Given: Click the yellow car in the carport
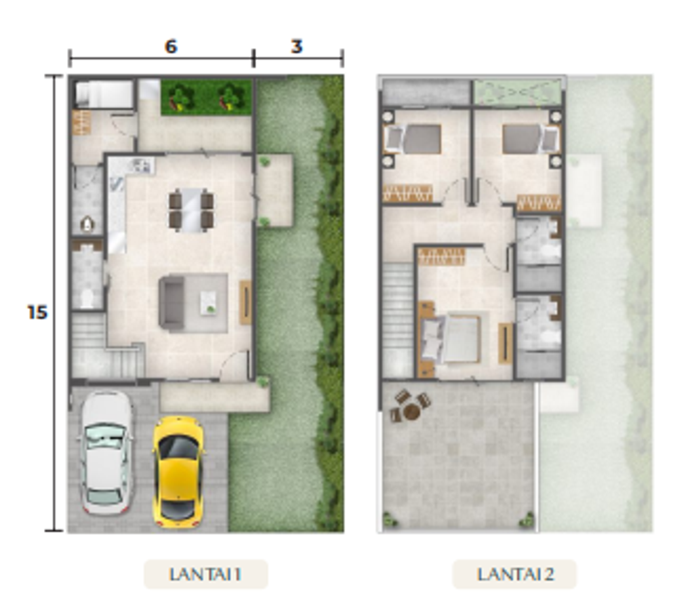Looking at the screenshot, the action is [x=178, y=472].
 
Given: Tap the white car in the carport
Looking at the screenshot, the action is [x=106, y=453].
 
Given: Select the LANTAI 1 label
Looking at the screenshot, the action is [x=205, y=574].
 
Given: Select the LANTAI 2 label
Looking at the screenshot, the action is [x=515, y=574].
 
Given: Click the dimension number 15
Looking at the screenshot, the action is [x=37, y=312].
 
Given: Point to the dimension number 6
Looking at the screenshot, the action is [x=171, y=46].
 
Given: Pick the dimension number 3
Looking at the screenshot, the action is [x=297, y=46].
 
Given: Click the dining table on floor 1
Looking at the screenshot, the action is [x=191, y=210].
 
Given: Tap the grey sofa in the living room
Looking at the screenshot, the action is [x=172, y=303].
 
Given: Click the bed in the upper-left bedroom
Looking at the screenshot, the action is [x=413, y=139].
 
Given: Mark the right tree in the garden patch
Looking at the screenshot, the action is [x=230, y=99].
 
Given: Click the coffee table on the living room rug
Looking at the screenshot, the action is [x=208, y=303].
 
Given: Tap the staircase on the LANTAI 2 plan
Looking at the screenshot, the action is [x=398, y=320].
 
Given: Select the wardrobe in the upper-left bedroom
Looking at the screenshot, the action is [x=407, y=193].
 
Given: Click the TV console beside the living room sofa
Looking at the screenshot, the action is [x=245, y=302].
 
